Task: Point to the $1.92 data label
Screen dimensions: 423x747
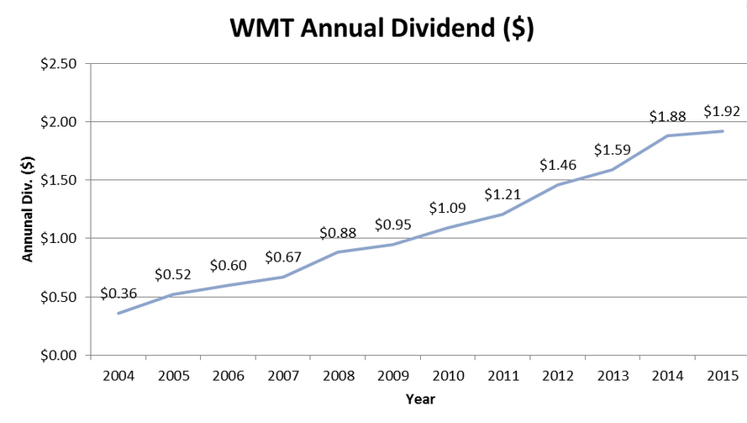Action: click(721, 111)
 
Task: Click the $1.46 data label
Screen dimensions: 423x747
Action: click(558, 165)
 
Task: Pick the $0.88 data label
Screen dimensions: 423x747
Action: click(338, 233)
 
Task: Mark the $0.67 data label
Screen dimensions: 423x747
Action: click(283, 256)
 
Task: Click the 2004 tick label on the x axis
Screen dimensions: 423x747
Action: click(118, 376)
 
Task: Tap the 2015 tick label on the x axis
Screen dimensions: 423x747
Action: click(722, 376)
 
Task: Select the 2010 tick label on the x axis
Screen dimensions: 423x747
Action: click(448, 376)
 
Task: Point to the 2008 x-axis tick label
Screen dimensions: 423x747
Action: click(338, 376)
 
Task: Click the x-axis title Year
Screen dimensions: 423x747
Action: click(419, 399)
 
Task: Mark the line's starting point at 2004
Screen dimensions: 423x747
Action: click(118, 313)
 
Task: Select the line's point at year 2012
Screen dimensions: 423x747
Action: click(558, 185)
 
